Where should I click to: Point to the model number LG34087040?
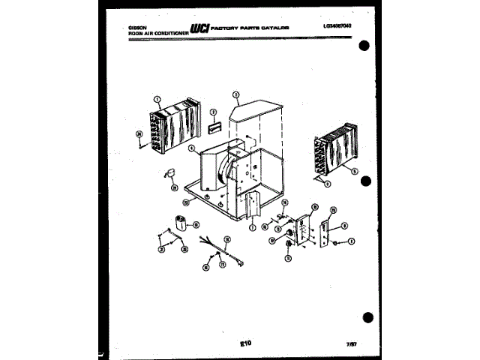[x=337, y=26]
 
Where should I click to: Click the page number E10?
[x=244, y=343]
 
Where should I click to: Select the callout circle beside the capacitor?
[x=196, y=223]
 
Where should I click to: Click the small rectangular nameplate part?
[x=214, y=128]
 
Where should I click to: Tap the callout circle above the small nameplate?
[x=213, y=112]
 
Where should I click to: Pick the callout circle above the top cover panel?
[x=235, y=95]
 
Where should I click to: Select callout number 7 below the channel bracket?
[x=253, y=227]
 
